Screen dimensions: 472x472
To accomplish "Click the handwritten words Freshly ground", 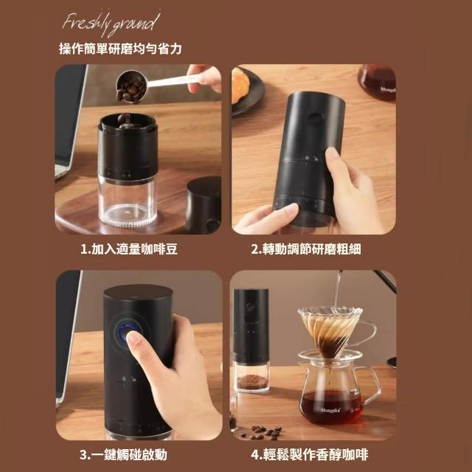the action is (111, 24).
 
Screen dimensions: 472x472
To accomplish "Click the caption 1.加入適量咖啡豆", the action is (129, 249).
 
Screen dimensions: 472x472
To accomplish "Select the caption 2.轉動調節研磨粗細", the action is (306, 249).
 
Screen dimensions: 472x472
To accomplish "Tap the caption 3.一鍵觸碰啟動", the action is (123, 454).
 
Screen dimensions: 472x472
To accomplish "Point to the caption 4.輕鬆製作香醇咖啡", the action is (310, 454).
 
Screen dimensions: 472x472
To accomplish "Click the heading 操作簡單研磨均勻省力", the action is (120, 49).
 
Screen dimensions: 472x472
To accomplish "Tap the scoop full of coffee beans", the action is (132, 87).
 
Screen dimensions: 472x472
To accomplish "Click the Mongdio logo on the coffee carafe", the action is (330, 410).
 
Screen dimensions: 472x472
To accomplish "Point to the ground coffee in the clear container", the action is (252, 381).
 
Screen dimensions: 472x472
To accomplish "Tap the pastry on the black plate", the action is (240, 85).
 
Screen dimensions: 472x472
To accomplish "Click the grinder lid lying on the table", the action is (204, 205).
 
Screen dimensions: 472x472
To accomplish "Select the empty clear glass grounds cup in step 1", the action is (128, 201).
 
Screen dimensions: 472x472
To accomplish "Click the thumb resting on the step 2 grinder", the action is (332, 155).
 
